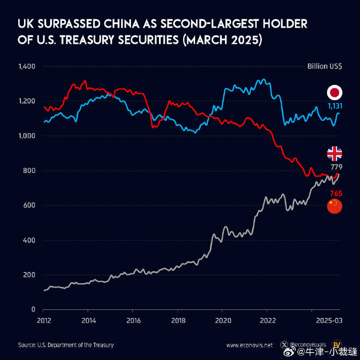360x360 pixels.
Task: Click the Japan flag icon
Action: [334, 93]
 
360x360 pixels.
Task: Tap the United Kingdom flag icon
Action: [334, 153]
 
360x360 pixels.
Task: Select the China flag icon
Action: [334, 206]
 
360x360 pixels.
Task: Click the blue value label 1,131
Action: [334, 106]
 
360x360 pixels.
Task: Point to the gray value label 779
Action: [336, 166]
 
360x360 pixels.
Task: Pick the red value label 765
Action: [335, 194]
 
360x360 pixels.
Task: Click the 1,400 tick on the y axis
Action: [26, 67]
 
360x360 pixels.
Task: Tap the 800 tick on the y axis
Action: [29, 171]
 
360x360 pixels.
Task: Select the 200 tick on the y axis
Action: [29, 275]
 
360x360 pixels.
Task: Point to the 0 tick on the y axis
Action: [32, 309]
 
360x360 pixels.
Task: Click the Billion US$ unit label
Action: [325, 67]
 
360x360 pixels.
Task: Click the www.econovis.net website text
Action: [249, 345]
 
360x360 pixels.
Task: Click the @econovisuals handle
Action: [308, 345]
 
